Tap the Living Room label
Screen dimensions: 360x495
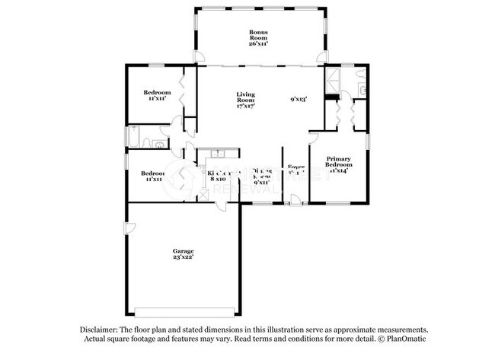[244, 97]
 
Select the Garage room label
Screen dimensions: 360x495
[183, 251]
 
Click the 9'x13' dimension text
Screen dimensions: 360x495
[299, 99]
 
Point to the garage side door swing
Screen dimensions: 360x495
[131, 228]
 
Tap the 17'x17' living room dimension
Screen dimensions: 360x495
[244, 106]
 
